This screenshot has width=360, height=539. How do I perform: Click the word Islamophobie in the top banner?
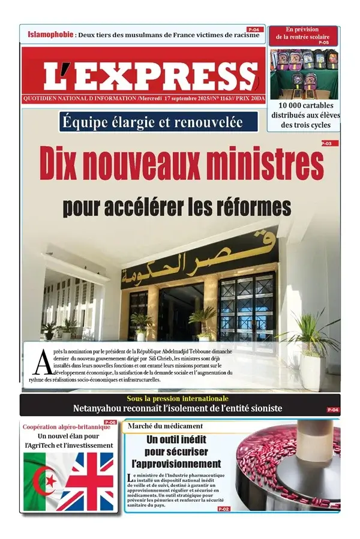click(x=50, y=34)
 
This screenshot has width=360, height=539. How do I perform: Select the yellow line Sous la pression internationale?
click(x=177, y=399)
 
